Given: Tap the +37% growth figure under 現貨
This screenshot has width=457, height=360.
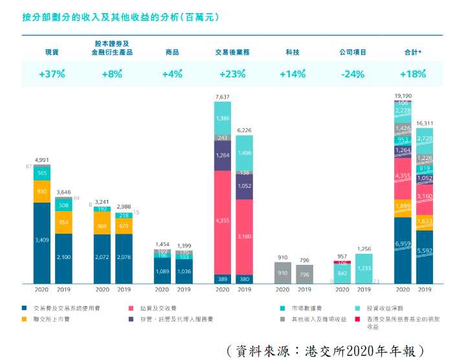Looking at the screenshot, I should point(52,74).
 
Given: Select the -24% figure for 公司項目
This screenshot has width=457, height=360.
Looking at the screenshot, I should point(352,74).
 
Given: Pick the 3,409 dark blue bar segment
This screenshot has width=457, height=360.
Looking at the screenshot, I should point(41,240).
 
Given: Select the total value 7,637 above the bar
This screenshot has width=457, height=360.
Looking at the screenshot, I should point(223,96).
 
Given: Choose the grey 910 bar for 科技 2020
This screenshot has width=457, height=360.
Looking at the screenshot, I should point(283,273).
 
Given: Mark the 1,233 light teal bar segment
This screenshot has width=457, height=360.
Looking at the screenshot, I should point(364,268).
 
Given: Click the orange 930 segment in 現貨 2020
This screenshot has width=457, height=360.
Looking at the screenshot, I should point(41,192).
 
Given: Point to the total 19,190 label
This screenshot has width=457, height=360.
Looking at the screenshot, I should point(403,95).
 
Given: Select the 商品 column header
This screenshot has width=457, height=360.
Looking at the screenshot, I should point(172,52).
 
